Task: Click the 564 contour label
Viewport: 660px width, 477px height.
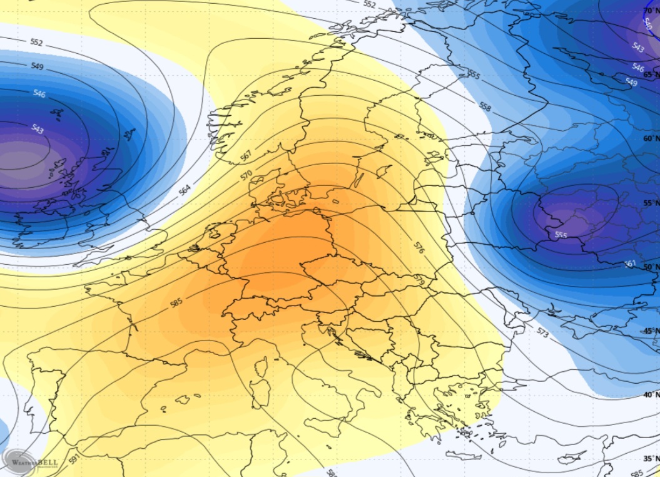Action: (x=185, y=190)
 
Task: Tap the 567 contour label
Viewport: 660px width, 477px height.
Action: (x=246, y=154)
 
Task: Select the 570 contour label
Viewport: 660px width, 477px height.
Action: (x=246, y=175)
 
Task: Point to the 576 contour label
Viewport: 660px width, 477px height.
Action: (x=419, y=247)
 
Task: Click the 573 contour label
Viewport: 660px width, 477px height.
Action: (x=542, y=332)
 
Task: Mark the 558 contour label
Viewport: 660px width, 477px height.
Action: (x=485, y=106)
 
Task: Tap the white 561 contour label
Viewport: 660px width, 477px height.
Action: (x=629, y=264)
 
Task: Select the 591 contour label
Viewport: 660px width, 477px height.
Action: (x=74, y=460)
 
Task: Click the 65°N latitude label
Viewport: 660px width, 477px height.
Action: (x=651, y=74)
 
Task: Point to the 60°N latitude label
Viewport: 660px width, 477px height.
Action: (x=651, y=138)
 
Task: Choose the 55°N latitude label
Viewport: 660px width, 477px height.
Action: (x=651, y=203)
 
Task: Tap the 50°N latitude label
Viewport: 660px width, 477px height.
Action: (x=651, y=267)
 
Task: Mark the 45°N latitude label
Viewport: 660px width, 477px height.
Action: (x=651, y=331)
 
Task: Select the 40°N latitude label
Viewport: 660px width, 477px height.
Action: (x=651, y=394)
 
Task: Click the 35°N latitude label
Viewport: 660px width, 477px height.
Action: (x=651, y=458)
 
